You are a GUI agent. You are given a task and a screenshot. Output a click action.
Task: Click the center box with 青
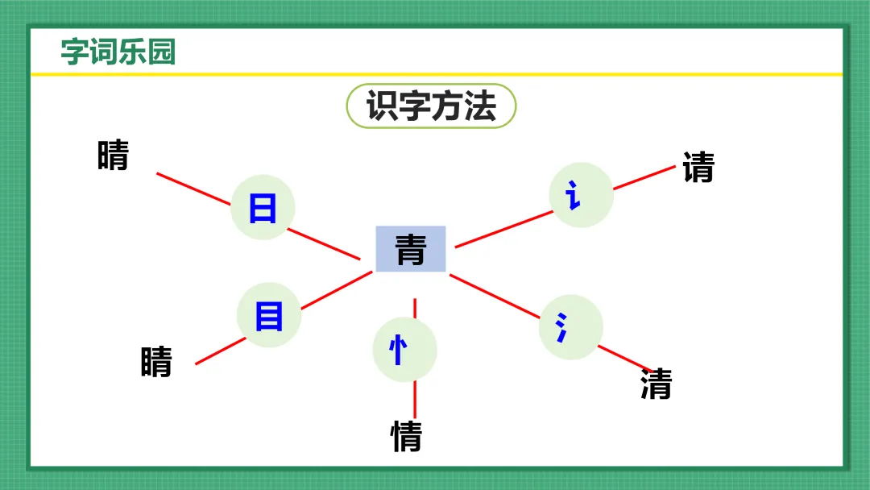pos(411,249)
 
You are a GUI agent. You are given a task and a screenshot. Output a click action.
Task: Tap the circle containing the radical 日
pos(263,208)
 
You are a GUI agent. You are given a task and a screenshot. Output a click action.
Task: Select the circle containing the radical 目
pos(269,315)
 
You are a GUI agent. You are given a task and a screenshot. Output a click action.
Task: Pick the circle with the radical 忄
pos(404,351)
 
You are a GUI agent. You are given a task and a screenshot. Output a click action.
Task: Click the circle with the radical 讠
pos(581,195)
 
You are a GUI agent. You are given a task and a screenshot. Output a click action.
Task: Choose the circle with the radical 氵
pos(570,327)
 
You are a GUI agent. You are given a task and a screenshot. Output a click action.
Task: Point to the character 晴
pos(113,156)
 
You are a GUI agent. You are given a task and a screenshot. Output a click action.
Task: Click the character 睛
pos(156,362)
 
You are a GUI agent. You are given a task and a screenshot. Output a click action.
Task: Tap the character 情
pos(406,436)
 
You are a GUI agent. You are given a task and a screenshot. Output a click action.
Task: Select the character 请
pos(698,168)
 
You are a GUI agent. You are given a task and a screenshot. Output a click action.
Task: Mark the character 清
pos(656,384)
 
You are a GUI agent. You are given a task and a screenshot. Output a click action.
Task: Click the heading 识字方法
pos(431,106)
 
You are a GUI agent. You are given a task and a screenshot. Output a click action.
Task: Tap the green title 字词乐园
pos(118,52)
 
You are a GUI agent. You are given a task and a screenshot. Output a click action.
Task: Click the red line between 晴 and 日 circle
pos(193,189)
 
